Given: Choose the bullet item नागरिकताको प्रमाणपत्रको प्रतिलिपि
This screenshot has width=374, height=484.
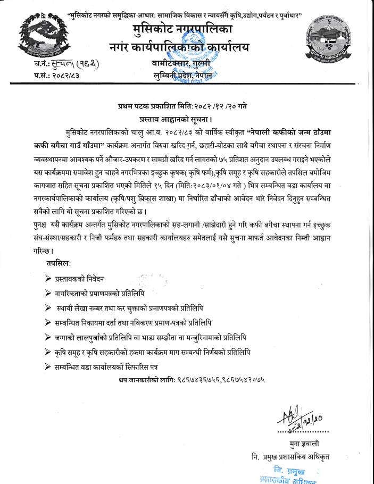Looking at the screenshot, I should [x=99, y=293].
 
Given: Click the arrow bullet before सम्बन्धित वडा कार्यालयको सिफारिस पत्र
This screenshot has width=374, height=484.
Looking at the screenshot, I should [x=48, y=367].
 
